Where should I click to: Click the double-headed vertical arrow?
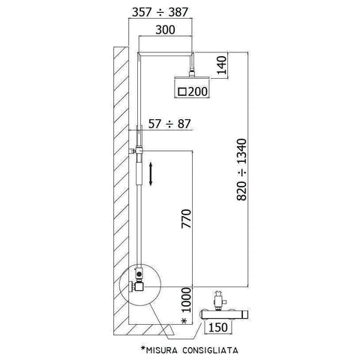pyautogui.click(x=152, y=175)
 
